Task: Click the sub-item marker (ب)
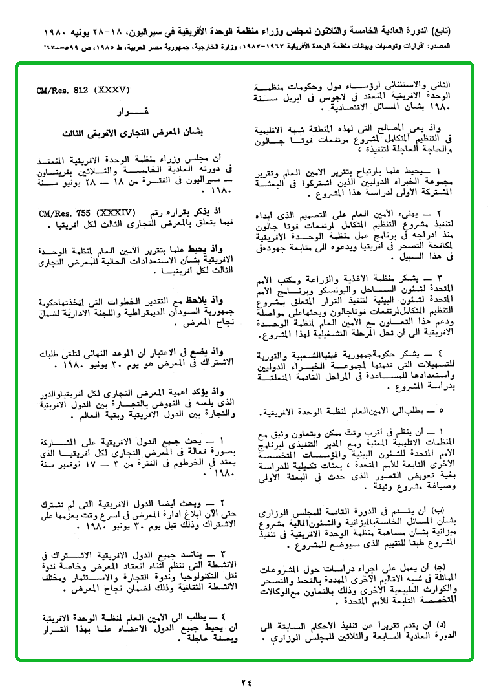click(x=439, y=508)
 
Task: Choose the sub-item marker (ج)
click(x=440, y=566)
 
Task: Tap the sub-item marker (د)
click(x=440, y=625)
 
